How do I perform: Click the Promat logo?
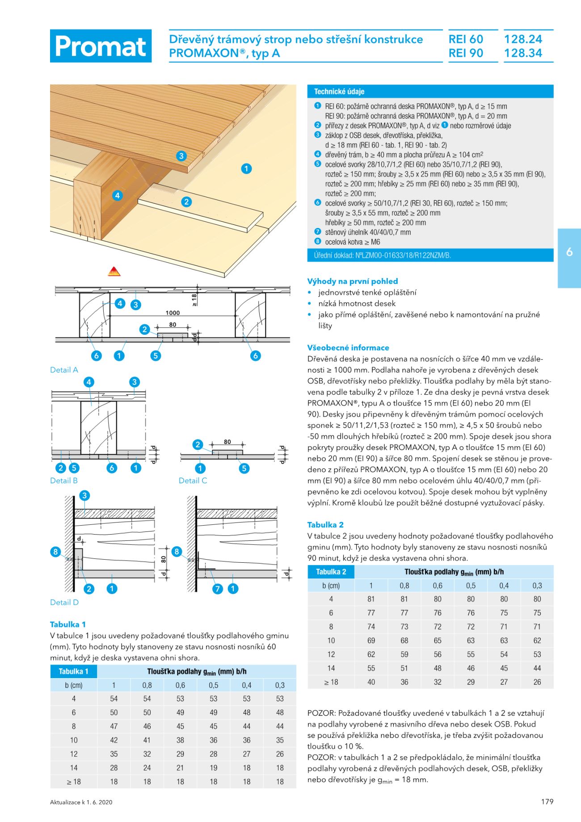click(101, 46)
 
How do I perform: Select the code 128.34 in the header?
click(523, 53)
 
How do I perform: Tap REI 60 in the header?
click(466, 39)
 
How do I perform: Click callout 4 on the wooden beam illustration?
click(117, 195)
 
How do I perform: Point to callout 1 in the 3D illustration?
click(246, 169)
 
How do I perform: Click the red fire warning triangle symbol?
click(114, 271)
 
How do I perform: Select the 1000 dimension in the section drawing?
click(173, 313)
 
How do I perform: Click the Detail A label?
click(64, 370)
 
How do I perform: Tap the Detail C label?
click(193, 481)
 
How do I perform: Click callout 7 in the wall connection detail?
click(218, 589)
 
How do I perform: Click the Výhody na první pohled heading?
click(352, 281)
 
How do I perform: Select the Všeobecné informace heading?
click(348, 347)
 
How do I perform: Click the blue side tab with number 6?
click(569, 252)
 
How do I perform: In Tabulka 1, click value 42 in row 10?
click(114, 740)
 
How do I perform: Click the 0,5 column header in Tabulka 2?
click(471, 586)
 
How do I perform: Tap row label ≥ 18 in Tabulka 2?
click(331, 682)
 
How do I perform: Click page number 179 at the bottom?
click(547, 801)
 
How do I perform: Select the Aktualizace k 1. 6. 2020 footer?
click(81, 802)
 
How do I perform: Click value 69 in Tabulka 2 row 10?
click(371, 641)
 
